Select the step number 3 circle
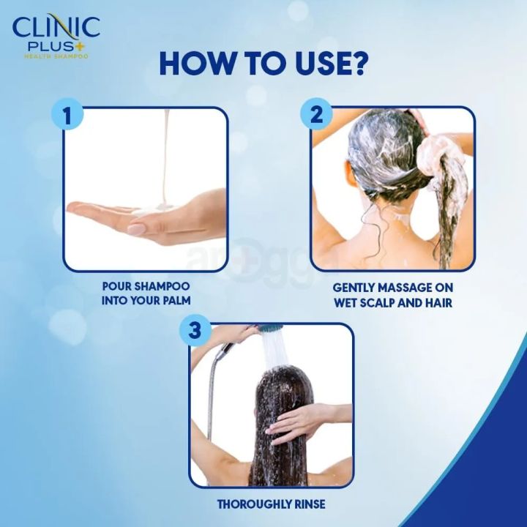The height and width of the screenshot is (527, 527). tap(194, 330)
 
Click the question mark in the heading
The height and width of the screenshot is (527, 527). tap(356, 64)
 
